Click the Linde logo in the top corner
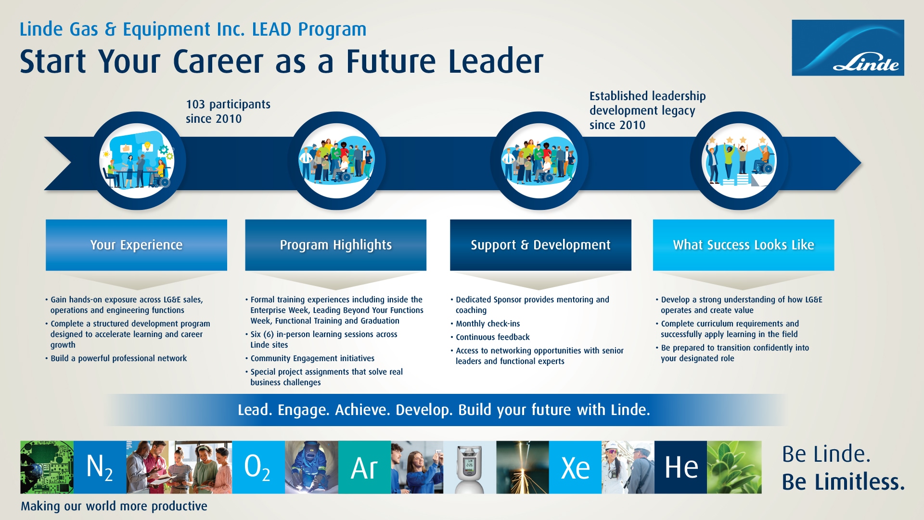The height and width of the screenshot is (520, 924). pyautogui.click(x=847, y=48)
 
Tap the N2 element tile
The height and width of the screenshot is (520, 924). pyautogui.click(x=100, y=467)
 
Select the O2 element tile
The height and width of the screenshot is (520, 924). pyautogui.click(x=258, y=467)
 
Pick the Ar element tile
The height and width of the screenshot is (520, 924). pyautogui.click(x=364, y=467)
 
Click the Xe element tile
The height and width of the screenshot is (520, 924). pyautogui.click(x=575, y=467)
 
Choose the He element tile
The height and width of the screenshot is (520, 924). pyautogui.click(x=680, y=467)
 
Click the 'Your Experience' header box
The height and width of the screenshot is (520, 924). pyautogui.click(x=136, y=245)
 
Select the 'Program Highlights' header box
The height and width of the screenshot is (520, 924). pyautogui.click(x=335, y=245)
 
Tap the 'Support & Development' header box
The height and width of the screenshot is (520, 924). pyautogui.click(x=540, y=245)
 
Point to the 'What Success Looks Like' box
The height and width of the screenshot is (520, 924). pyautogui.click(x=744, y=245)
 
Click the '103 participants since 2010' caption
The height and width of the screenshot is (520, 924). pyautogui.click(x=228, y=111)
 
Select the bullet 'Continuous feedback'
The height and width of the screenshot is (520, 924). pyautogui.click(x=490, y=337)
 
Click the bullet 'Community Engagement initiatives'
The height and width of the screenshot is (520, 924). pyautogui.click(x=309, y=358)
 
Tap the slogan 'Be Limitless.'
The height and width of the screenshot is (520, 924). pyautogui.click(x=843, y=481)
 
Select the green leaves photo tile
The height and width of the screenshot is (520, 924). pyautogui.click(x=734, y=467)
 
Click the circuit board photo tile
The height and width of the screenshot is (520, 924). pyautogui.click(x=47, y=467)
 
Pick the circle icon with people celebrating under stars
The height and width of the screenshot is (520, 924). pyautogui.click(x=739, y=161)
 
